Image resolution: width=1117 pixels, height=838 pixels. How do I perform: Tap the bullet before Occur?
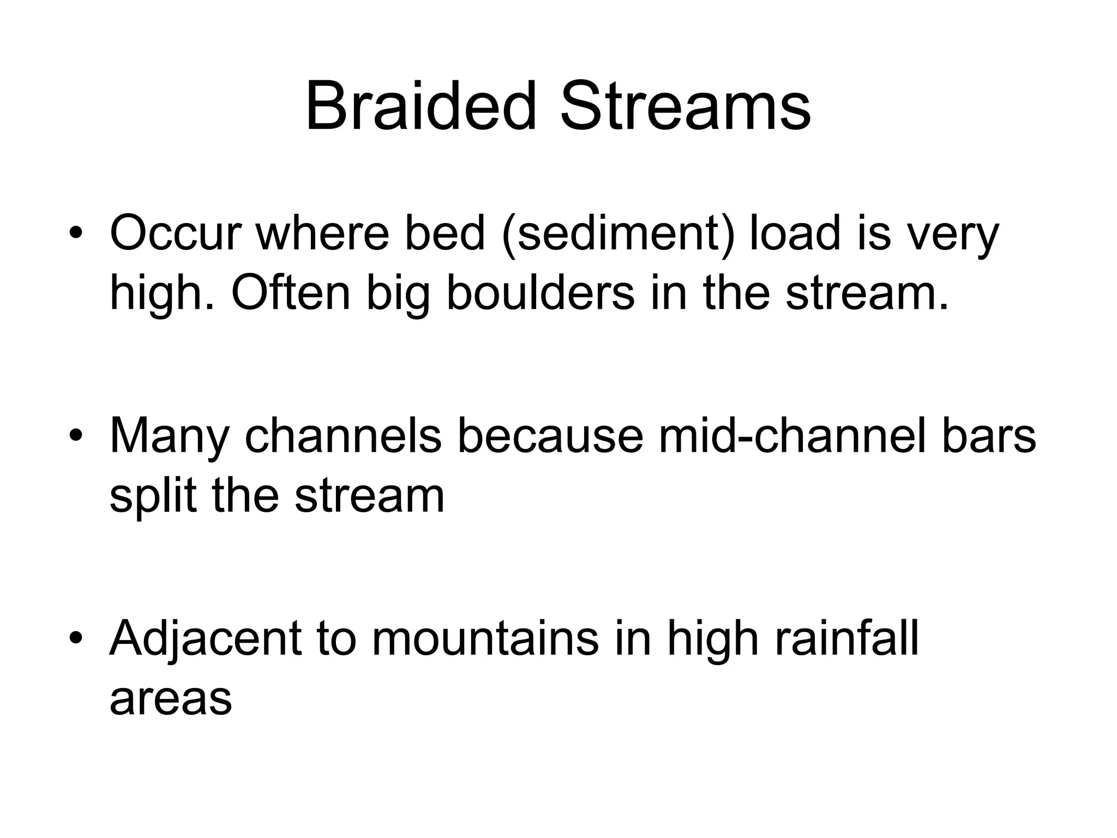[x=76, y=235]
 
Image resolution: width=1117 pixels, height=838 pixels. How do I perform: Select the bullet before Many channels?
[x=76, y=437]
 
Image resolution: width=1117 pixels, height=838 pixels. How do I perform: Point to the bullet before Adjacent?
[x=76, y=639]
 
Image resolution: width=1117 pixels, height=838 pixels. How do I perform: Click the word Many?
[x=169, y=436]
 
